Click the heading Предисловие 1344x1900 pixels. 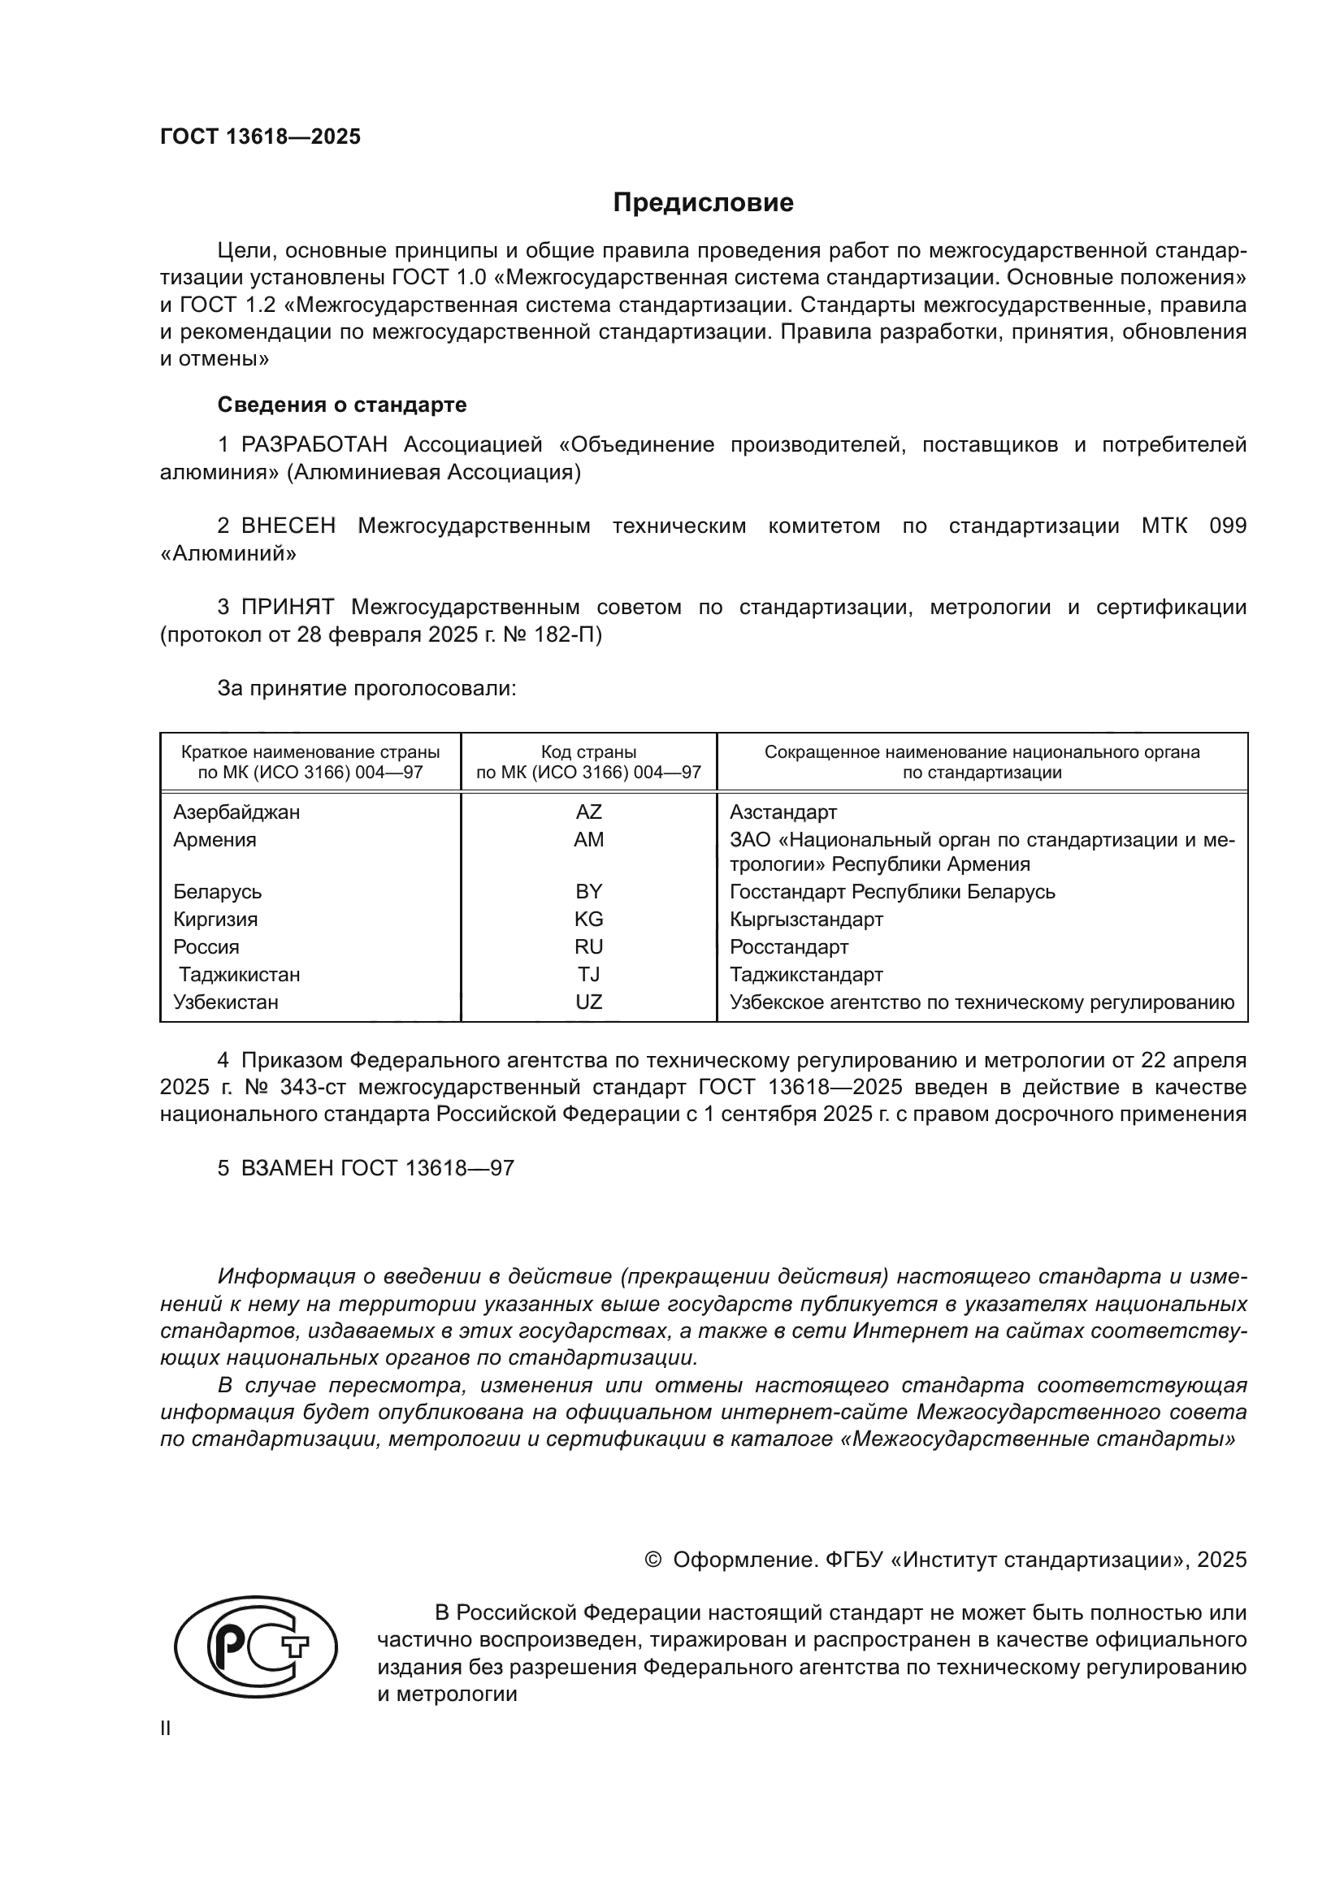click(703, 203)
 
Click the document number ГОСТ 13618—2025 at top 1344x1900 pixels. click(261, 137)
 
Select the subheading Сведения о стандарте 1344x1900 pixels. click(342, 405)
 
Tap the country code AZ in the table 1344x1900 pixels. click(588, 812)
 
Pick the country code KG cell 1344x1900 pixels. click(588, 920)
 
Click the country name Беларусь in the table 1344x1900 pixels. click(218, 892)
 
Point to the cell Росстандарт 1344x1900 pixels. click(789, 946)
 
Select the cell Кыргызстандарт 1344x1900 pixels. click(806, 920)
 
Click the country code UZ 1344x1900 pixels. click(588, 1002)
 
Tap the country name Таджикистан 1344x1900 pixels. click(239, 975)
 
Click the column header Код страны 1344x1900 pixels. click(588, 752)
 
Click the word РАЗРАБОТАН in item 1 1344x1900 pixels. click(314, 445)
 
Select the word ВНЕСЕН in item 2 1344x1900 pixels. click(288, 526)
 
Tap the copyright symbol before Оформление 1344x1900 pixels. click(653, 1560)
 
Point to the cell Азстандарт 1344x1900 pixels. click(783, 812)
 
